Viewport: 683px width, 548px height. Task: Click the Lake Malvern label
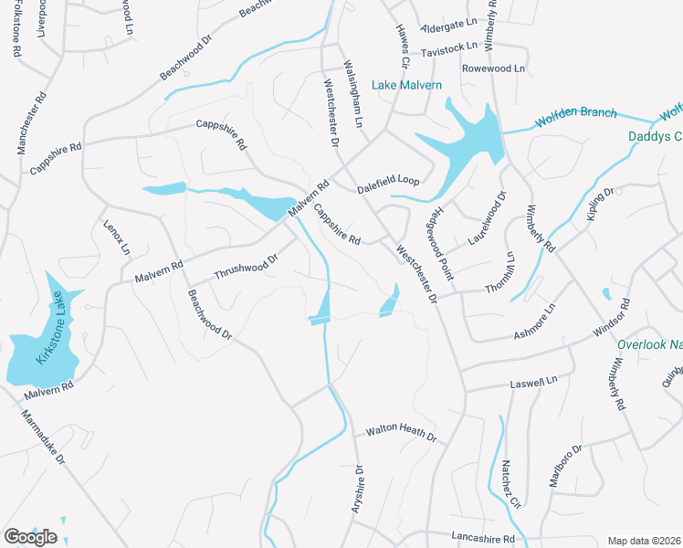point(406,85)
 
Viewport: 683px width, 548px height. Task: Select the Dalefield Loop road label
point(388,182)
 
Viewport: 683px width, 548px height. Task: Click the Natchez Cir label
point(510,483)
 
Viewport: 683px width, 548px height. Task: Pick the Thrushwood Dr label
point(245,269)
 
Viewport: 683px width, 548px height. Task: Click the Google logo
point(30,536)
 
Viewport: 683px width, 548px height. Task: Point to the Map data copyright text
point(645,541)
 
